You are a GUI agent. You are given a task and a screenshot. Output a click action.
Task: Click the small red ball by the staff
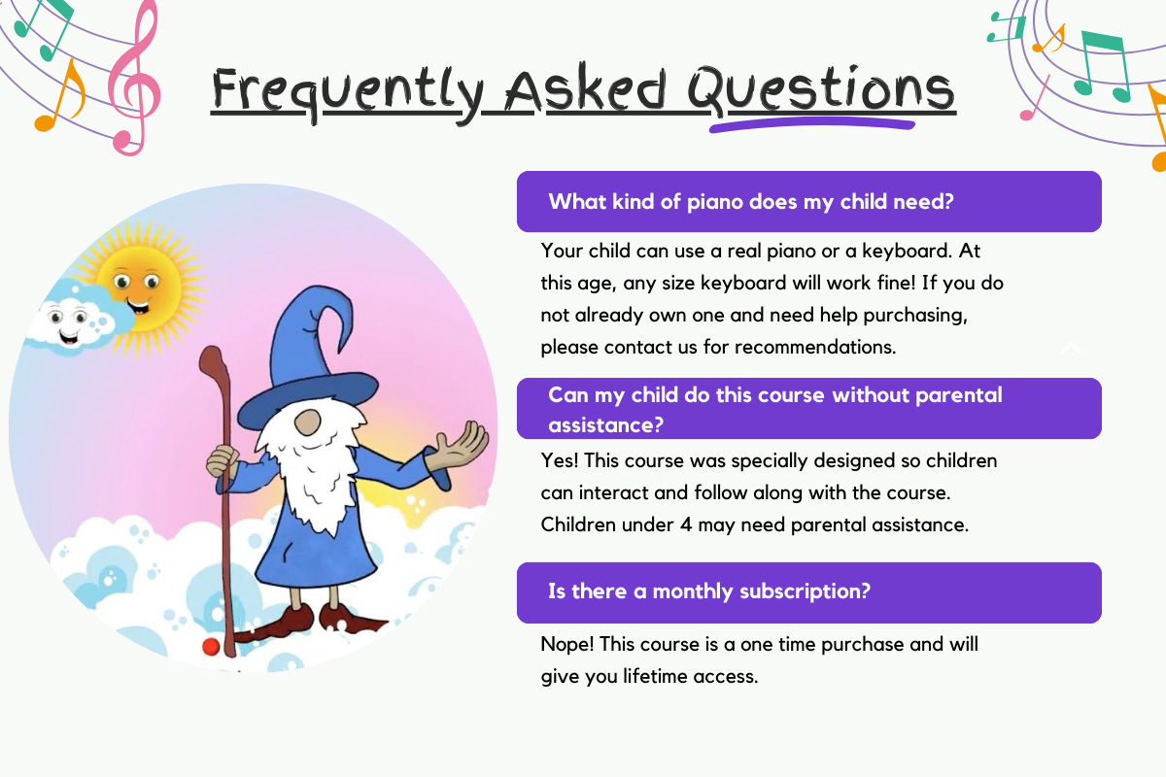coord(211,647)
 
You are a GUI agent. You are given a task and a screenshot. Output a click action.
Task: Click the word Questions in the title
coord(821,90)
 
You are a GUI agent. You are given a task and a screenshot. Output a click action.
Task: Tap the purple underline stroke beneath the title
coord(812,124)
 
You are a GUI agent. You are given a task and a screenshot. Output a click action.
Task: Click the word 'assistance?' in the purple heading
coord(606,425)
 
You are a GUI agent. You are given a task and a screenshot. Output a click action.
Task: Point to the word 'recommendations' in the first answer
coord(814,347)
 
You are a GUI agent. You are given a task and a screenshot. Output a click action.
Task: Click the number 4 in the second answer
coord(686,524)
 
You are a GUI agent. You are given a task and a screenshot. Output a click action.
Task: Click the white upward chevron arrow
coord(1071,348)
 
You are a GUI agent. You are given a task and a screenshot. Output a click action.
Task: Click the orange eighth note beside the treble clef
coord(62,96)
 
